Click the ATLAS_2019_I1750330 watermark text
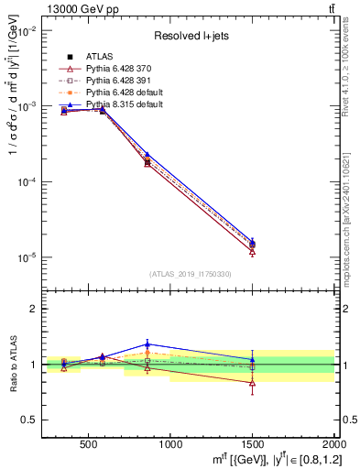pyautogui.click(x=189, y=274)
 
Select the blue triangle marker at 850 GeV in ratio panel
pyautogui.click(x=147, y=344)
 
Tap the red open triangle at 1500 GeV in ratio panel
pyautogui.click(x=252, y=382)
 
